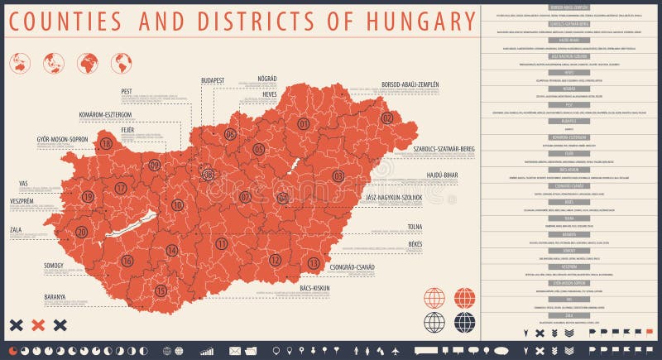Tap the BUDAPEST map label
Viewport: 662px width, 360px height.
click(x=213, y=80)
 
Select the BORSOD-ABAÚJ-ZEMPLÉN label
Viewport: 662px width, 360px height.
click(x=410, y=84)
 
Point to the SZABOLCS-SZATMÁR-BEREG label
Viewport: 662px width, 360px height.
click(x=444, y=149)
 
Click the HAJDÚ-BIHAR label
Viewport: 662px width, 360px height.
click(x=435, y=175)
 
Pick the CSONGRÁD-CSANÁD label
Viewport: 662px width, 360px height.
click(x=352, y=267)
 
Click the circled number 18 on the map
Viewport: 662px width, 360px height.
click(x=106, y=143)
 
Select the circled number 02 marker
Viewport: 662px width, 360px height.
click(x=386, y=118)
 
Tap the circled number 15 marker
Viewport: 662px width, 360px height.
click(x=161, y=290)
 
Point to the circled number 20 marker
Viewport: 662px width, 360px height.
click(x=81, y=232)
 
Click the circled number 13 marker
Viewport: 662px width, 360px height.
click(x=314, y=263)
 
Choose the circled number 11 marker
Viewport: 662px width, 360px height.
click(x=221, y=243)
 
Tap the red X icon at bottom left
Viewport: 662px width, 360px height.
click(x=37, y=325)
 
